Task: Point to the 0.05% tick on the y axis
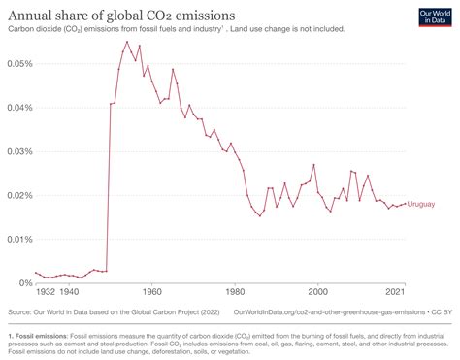point(18,63)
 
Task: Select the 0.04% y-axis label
point(18,107)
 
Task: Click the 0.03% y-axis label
point(18,151)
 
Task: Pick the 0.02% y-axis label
point(18,195)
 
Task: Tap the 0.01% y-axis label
point(18,239)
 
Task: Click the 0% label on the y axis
point(24,282)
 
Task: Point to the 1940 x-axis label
point(69,291)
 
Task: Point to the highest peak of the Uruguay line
point(126,42)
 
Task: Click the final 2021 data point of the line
point(405,204)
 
